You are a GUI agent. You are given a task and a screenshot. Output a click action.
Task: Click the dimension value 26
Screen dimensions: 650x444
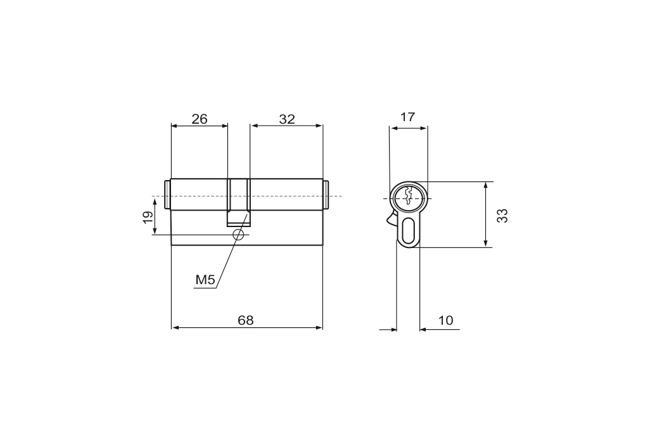[x=199, y=119]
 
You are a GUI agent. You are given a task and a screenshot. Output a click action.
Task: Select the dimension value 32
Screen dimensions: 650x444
[x=287, y=119]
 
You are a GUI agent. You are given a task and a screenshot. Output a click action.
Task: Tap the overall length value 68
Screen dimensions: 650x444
[x=245, y=320]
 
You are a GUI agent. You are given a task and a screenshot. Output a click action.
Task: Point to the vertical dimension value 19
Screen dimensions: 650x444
[x=148, y=217]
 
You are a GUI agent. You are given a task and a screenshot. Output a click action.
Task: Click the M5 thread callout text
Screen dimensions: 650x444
[x=205, y=280]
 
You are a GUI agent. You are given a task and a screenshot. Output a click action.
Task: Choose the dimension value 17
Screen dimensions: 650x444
[x=407, y=117]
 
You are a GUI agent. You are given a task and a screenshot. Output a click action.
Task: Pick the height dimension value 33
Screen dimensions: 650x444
[x=502, y=216]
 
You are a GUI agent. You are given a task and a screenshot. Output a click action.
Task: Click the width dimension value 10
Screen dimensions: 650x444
[x=445, y=320]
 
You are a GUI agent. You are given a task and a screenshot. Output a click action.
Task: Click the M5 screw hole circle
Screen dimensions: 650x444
[x=238, y=235]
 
